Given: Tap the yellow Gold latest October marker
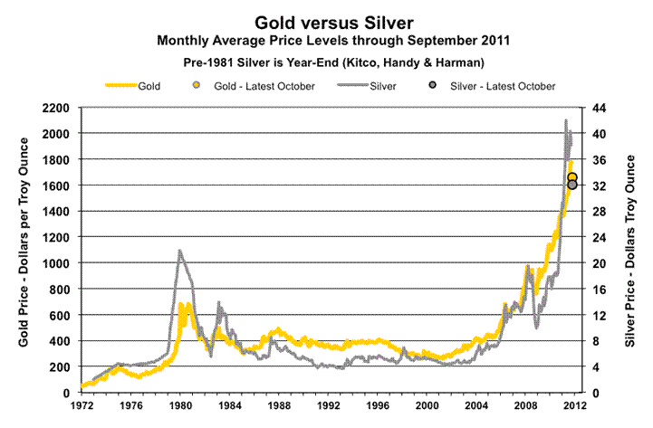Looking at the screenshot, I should pyautogui.click(x=572, y=177).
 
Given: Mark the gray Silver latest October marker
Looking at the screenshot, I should pyautogui.click(x=572, y=185).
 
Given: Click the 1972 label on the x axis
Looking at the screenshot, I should pyautogui.click(x=82, y=405).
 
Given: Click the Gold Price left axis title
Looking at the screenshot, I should pyautogui.click(x=24, y=250).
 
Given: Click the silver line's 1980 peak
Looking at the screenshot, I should pyautogui.click(x=179, y=251).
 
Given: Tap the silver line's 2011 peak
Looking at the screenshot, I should pyautogui.click(x=566, y=120).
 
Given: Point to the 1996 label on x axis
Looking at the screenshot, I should pyautogui.click(x=377, y=405).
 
